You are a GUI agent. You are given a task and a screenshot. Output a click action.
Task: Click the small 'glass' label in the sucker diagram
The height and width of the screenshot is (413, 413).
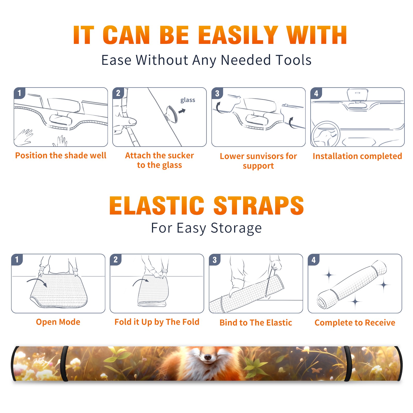coord(188,100)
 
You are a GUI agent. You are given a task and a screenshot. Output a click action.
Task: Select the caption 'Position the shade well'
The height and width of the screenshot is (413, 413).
coord(61,155)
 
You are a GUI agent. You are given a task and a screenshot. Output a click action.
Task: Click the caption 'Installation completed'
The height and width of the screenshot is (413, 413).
coord(357,156)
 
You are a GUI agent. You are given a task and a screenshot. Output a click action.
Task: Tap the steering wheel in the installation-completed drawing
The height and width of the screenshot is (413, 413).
coord(325,134)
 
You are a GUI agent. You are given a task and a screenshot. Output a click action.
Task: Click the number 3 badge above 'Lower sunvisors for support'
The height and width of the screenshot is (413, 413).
coord(217,93)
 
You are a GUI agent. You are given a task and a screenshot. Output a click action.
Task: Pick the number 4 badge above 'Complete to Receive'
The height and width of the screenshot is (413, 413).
coord(314,260)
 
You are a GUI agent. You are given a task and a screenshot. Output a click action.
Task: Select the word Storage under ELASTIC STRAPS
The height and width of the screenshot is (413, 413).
coord(236,228)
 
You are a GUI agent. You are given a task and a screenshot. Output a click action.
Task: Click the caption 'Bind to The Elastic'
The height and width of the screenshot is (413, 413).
coord(256,323)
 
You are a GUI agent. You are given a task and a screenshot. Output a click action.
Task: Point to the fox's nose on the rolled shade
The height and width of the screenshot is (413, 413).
coord(207,357)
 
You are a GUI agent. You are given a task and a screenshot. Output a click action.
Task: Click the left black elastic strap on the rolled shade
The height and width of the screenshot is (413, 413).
coord(65,363)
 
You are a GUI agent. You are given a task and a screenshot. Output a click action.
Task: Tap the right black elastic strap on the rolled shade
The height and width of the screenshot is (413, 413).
coord(347,363)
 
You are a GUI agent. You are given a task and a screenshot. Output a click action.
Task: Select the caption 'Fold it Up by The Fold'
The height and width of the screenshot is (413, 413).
coord(157,322)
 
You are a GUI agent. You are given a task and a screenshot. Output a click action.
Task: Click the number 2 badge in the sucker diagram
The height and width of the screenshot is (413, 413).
coord(118,93)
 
